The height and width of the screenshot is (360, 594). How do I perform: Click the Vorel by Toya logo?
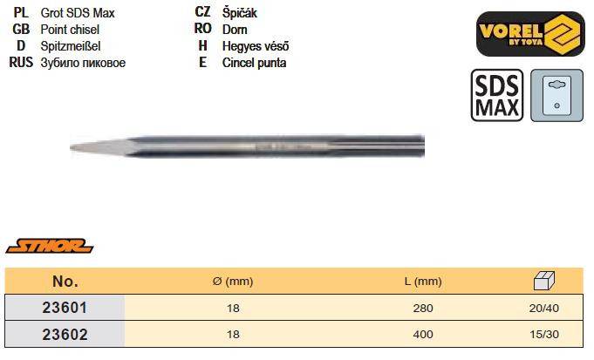tap(530, 34)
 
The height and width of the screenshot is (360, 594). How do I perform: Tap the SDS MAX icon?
tap(496, 95)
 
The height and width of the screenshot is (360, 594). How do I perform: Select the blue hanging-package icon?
tap(556, 95)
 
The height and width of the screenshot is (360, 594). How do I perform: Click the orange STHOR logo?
tap(50, 246)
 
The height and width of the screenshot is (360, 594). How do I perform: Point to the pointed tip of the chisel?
tap(72, 147)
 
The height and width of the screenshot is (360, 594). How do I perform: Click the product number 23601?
tap(65, 308)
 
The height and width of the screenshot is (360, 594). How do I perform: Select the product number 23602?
tap(65, 334)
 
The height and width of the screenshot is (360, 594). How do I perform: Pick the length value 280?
tap(423, 308)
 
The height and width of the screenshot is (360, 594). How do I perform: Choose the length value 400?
tap(423, 334)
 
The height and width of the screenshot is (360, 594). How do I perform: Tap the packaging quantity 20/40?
tap(544, 308)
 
